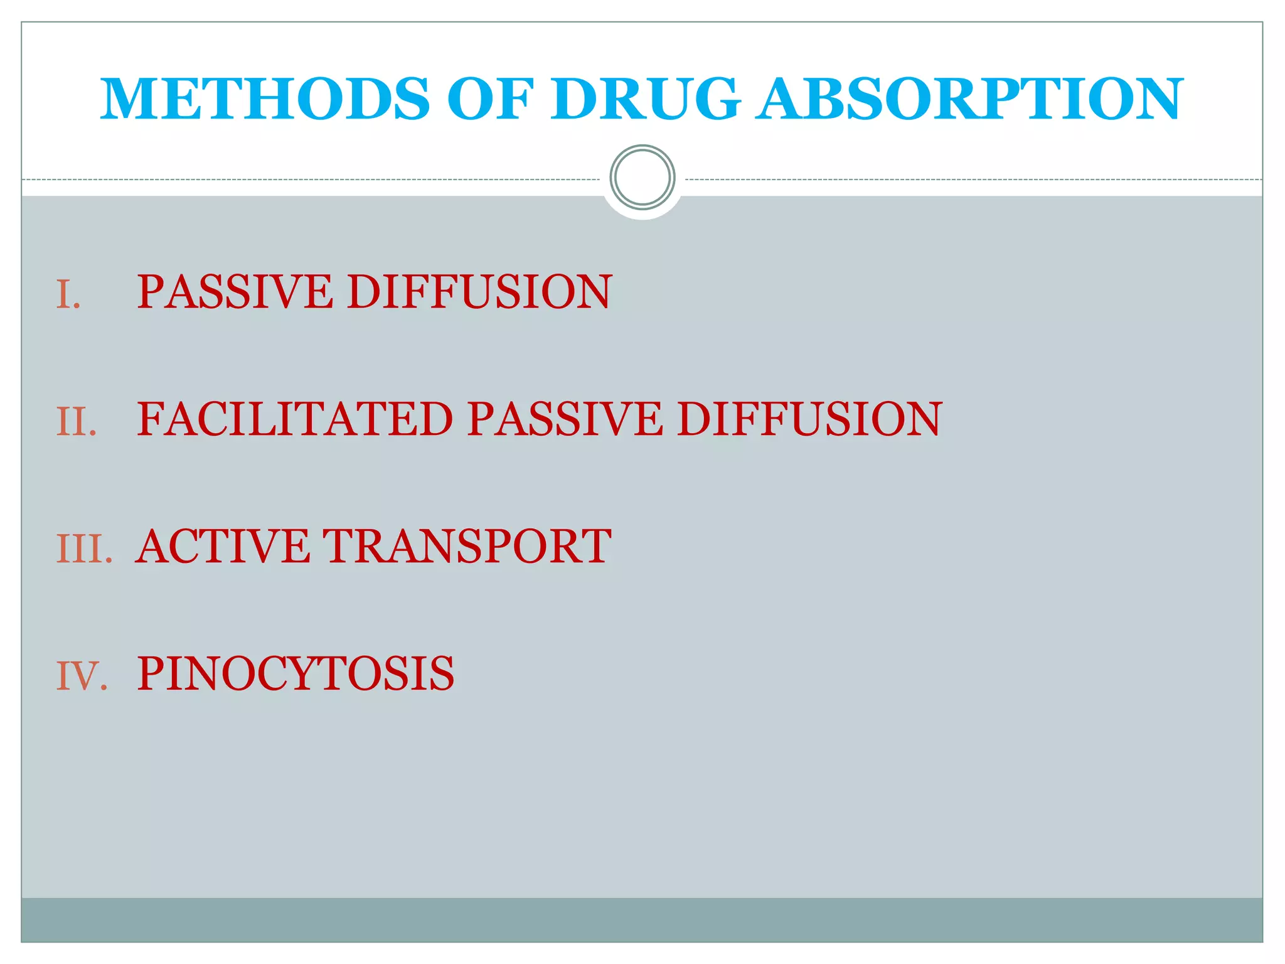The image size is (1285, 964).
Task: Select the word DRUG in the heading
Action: coord(646,99)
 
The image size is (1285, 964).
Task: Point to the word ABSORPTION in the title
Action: coord(969,99)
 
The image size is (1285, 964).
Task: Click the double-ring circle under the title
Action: coord(642,178)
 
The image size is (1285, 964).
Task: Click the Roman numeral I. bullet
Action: coord(68,294)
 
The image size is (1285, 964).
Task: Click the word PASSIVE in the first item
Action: coord(235,292)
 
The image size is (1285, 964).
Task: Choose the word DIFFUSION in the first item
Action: coord(479,292)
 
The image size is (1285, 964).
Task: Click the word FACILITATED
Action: coord(295,419)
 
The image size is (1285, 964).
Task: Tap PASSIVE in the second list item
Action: coord(565,419)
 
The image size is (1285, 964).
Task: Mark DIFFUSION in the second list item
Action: coord(809,419)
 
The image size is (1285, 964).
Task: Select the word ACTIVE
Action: coord(223,546)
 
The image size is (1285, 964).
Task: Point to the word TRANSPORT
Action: coord(466,546)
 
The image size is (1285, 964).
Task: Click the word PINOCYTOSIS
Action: coord(296,673)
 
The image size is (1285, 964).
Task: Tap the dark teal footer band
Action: coord(642,919)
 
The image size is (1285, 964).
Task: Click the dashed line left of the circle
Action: coord(314,179)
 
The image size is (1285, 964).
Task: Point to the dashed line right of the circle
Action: coord(973,179)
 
